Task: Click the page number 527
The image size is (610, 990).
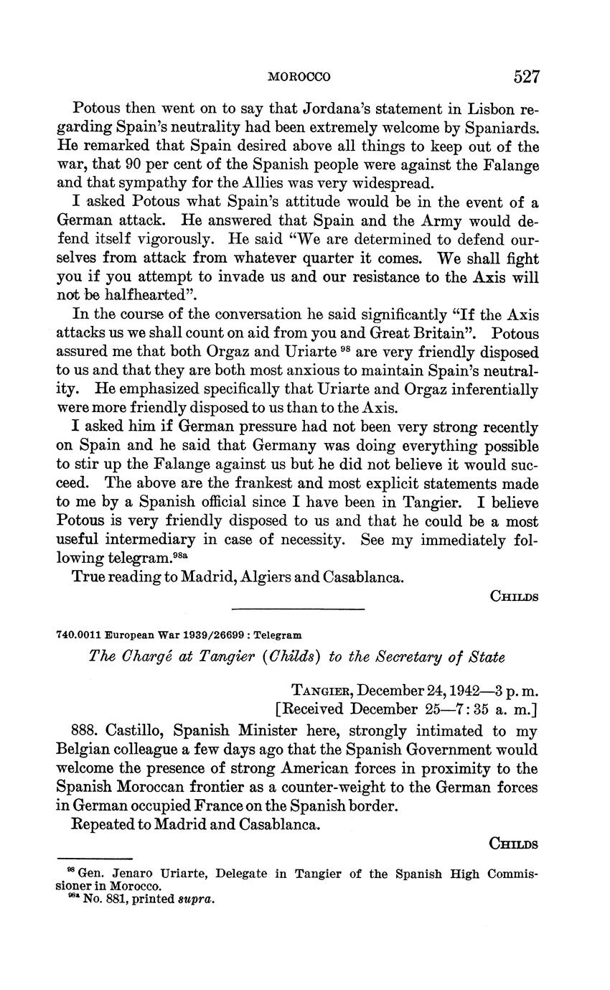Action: click(525, 77)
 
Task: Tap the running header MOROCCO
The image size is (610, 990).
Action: click(299, 77)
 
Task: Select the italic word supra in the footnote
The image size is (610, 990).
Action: click(199, 898)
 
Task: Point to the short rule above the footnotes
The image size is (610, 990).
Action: click(95, 858)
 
